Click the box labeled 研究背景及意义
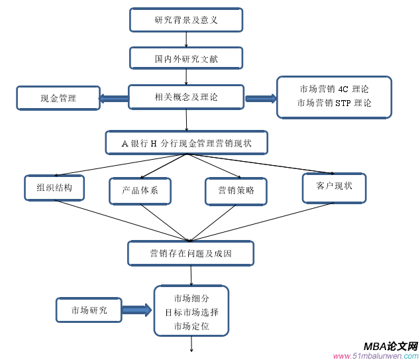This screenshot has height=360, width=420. [x=186, y=20]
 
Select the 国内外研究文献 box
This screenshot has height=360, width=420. [x=186, y=58]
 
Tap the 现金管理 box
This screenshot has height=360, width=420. [x=58, y=98]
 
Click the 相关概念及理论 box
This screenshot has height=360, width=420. [x=185, y=97]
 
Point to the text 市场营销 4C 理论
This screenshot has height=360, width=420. [x=334, y=89]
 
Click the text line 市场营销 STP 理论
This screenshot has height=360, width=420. [x=334, y=103]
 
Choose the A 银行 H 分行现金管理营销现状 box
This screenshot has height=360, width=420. [x=186, y=143]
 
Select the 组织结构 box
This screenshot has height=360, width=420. [x=54, y=188]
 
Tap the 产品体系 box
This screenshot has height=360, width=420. [x=140, y=191]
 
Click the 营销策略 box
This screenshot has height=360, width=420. [x=236, y=191]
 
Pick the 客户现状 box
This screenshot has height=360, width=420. [x=334, y=186]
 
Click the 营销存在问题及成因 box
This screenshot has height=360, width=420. [x=191, y=253]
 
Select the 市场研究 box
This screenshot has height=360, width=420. [x=89, y=310]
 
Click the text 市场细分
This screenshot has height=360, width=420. [x=191, y=298]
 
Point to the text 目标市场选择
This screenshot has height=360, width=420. [x=191, y=312]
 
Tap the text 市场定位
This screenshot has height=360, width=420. [x=191, y=326]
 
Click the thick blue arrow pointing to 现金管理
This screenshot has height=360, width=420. [x=113, y=99]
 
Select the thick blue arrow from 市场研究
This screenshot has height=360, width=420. [x=137, y=310]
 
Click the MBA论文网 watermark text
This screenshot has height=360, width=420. [x=390, y=346]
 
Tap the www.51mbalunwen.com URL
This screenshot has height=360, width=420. [x=375, y=355]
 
